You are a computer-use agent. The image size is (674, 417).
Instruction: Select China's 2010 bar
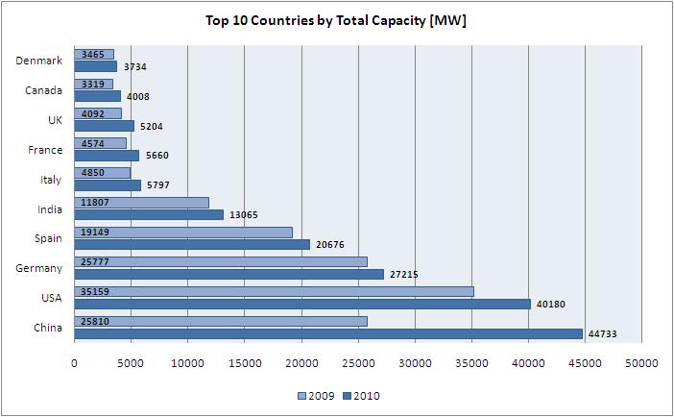pyautogui.click(x=328, y=333)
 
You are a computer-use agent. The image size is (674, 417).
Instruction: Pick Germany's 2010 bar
pyautogui.click(x=229, y=274)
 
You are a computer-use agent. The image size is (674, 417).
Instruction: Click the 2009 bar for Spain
pyautogui.click(x=183, y=233)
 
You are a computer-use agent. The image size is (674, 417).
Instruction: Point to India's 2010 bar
pyautogui.click(x=149, y=214)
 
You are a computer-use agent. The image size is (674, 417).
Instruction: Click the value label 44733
pyautogui.click(x=604, y=333)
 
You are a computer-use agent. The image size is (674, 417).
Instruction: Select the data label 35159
pyautogui.click(x=94, y=292)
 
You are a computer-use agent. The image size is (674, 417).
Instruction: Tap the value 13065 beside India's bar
pyautogui.click(x=243, y=214)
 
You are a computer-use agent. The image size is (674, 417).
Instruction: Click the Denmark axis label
pyautogui.click(x=39, y=61)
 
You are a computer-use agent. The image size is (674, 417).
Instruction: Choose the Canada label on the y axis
pyautogui.click(x=43, y=90)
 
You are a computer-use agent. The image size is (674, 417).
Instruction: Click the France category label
pyautogui.click(x=44, y=150)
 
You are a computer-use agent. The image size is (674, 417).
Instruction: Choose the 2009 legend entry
pyautogui.click(x=316, y=395)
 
